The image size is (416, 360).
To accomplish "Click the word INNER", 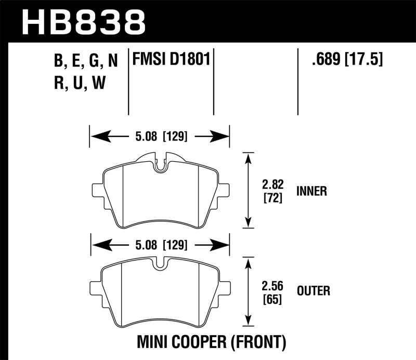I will (311, 191).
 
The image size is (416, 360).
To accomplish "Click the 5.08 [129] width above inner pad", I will (160, 137).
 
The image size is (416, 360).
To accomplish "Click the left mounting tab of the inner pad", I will (98, 189).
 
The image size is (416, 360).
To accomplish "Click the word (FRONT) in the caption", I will (258, 342).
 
